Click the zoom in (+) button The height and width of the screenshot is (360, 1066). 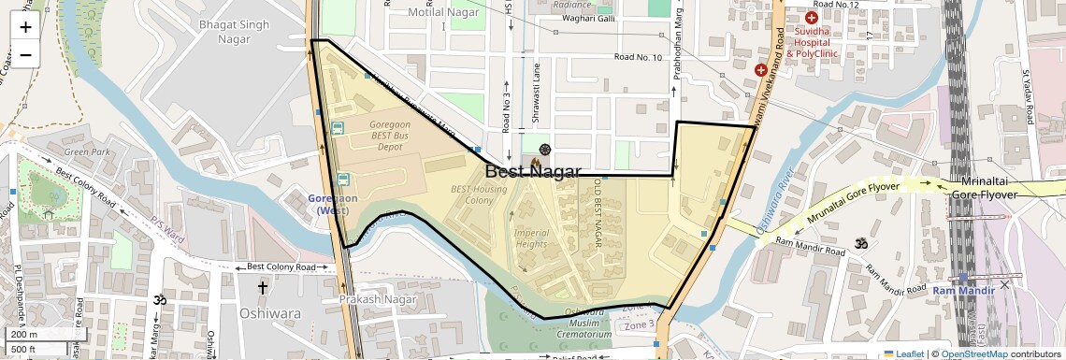pos(25,26)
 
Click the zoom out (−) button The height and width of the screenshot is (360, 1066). pos(25,54)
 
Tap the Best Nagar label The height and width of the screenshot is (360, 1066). pos(533,171)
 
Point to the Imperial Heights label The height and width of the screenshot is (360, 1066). pos(531,238)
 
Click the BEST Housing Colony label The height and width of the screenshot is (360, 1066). pos(479,194)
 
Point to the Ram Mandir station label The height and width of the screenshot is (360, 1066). pos(962,291)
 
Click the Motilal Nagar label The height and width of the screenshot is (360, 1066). pos(443,12)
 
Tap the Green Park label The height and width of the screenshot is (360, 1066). pos(87,151)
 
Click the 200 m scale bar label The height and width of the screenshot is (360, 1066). pos(25,334)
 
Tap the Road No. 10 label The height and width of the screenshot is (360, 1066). pos(638,58)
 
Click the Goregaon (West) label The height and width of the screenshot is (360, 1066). pos(334,204)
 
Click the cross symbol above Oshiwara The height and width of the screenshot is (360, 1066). pos(263,288)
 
